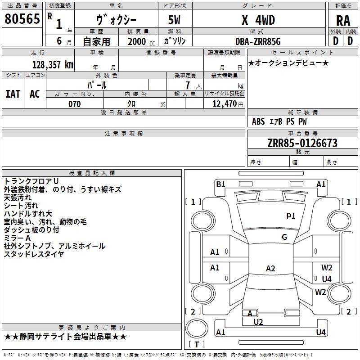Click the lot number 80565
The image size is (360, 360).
22,19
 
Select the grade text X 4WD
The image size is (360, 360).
258,20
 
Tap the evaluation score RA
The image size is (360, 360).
343,21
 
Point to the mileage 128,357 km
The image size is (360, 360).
53,65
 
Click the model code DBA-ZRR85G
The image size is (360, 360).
258,41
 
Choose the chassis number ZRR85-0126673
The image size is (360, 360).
302,143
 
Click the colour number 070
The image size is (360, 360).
75,104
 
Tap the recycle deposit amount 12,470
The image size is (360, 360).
225,104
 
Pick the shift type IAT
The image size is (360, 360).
13,94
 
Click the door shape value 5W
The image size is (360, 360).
174,20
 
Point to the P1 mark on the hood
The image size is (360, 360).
291,216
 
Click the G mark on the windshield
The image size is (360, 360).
284,237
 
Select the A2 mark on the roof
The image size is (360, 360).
270,268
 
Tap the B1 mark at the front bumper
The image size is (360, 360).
220,184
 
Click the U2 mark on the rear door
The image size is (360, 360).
258,322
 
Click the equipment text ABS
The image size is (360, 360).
258,121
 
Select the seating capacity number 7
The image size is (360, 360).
188,85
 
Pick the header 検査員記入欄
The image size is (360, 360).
92,173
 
